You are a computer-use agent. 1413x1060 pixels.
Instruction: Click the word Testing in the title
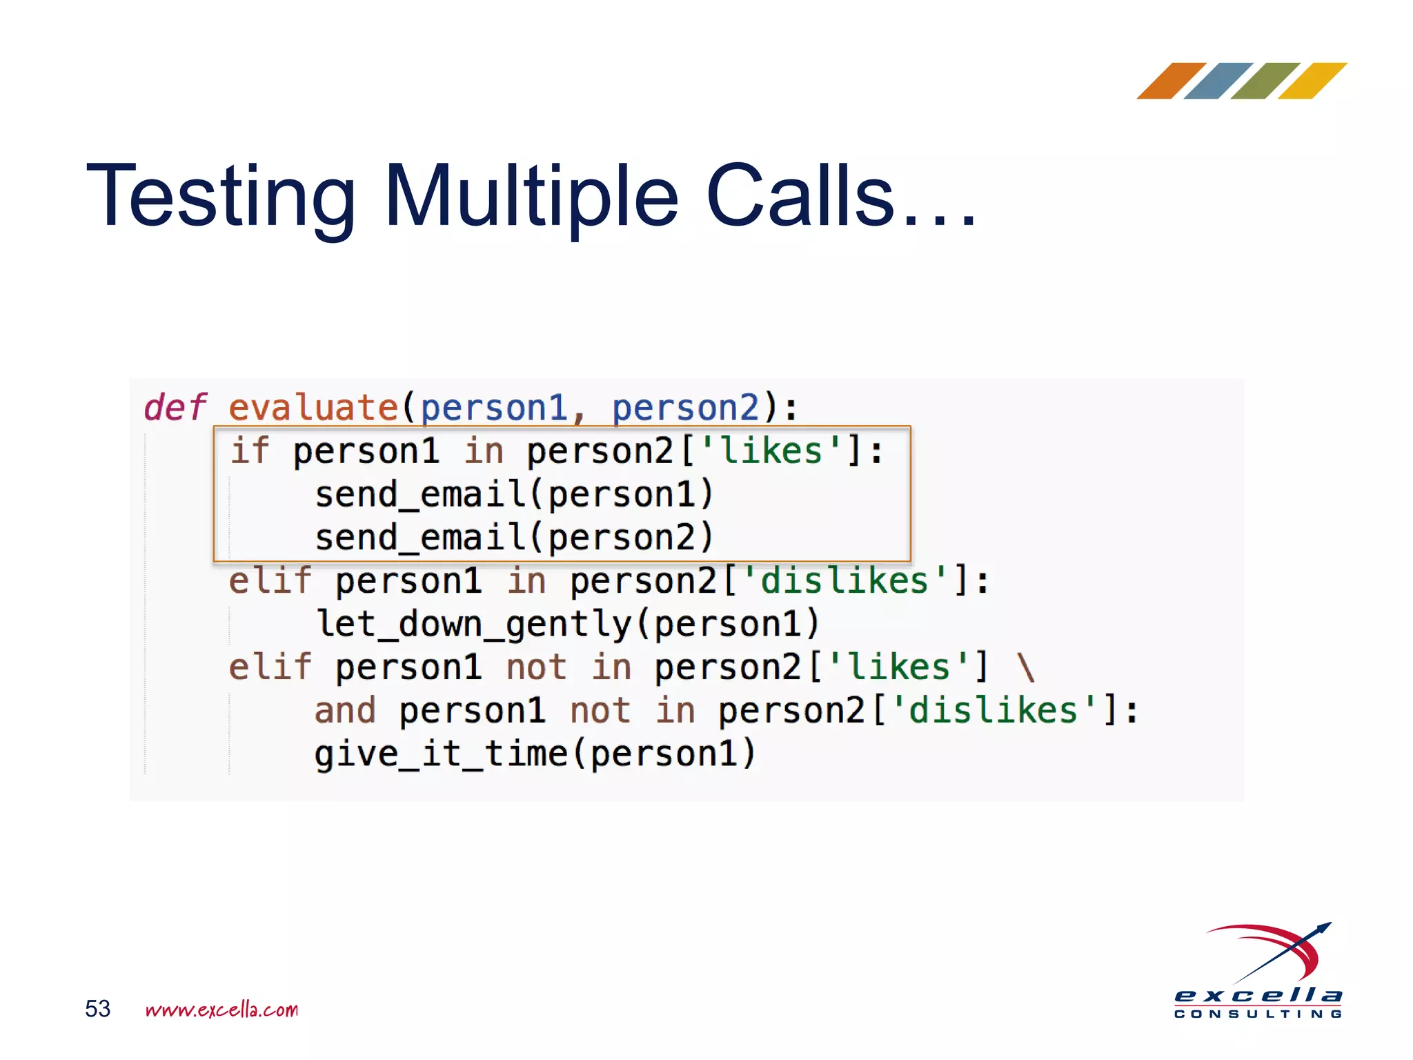click(221, 197)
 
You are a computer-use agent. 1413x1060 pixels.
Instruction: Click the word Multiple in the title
click(531, 197)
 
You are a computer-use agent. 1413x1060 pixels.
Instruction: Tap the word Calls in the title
click(800, 197)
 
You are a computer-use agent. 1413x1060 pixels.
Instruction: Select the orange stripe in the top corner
click(1171, 81)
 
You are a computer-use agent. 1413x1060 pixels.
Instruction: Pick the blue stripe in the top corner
click(1218, 81)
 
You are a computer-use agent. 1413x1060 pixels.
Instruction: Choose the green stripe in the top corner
click(1265, 81)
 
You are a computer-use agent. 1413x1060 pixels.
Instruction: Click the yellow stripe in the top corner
click(1312, 81)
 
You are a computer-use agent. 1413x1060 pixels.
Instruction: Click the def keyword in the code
click(175, 407)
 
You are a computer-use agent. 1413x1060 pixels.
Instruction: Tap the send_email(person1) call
click(514, 495)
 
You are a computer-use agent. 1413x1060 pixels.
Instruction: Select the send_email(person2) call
click(514, 538)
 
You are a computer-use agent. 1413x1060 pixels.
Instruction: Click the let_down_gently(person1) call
click(567, 624)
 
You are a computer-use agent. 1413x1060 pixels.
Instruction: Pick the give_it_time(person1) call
click(535, 754)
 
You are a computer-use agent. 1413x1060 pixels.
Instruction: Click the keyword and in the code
click(345, 711)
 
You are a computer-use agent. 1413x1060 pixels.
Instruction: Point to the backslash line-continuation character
click(1026, 667)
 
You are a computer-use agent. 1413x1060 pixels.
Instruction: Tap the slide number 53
click(97, 1009)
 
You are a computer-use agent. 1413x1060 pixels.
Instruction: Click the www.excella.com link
click(221, 1010)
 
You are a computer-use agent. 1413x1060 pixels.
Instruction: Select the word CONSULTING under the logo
click(1258, 1014)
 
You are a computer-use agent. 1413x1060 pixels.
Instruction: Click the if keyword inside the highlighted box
click(249, 451)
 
